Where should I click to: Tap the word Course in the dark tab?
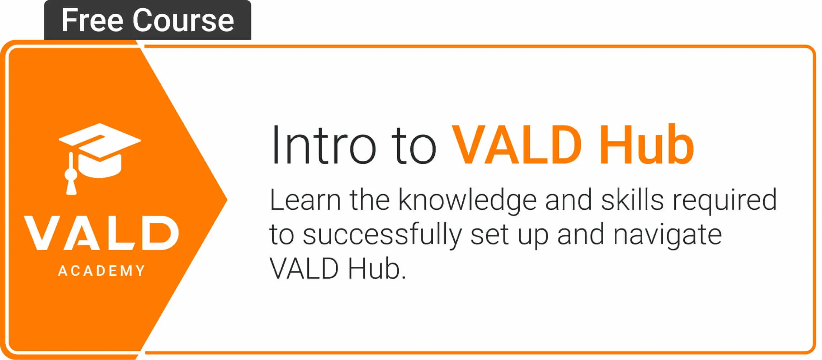[x=183, y=21]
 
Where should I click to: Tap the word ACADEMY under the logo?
[x=101, y=271]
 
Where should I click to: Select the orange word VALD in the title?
[x=517, y=145]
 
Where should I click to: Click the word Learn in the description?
[x=305, y=200]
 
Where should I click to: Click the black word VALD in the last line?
[x=304, y=269]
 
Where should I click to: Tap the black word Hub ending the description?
[x=377, y=269]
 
